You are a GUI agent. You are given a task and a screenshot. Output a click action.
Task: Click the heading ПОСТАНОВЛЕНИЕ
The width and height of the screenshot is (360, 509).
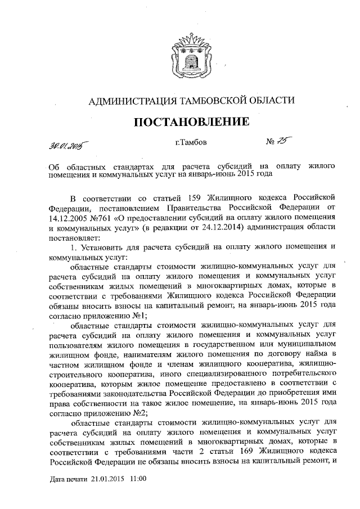coord(191,121)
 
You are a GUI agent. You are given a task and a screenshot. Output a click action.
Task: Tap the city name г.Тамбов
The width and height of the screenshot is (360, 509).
coord(191,142)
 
